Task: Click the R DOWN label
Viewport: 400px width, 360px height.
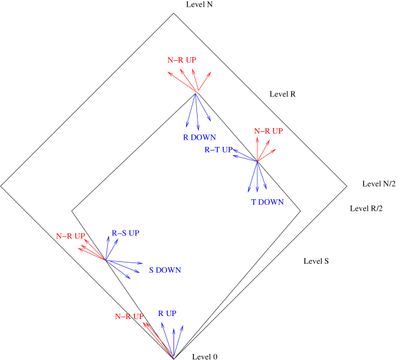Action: tap(199, 137)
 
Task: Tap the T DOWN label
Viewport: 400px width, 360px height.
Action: tap(267, 202)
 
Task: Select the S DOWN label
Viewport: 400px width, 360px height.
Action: tap(165, 270)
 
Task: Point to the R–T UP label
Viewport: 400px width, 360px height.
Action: tap(218, 150)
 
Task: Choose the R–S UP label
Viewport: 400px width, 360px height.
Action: tap(125, 233)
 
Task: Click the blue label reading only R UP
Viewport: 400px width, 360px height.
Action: tap(167, 314)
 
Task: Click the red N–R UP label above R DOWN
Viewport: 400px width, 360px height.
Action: tap(182, 60)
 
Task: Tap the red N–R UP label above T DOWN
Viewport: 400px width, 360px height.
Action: tap(269, 131)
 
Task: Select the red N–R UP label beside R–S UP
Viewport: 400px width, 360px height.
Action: tap(70, 237)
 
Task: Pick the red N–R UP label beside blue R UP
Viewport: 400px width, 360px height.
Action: tap(130, 317)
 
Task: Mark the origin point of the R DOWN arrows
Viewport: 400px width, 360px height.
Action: tap(196, 93)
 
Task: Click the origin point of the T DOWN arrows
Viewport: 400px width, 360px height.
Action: tap(257, 161)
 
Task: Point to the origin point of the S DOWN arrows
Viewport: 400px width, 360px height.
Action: tap(105, 260)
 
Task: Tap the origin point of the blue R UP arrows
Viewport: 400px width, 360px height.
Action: tap(173, 356)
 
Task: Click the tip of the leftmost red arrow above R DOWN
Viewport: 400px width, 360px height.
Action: tap(167, 71)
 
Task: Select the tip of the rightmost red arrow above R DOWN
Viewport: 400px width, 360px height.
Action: tap(211, 71)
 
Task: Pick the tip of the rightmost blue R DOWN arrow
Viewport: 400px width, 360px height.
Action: tap(211, 120)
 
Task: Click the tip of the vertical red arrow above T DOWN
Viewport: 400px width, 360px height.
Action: tap(257, 137)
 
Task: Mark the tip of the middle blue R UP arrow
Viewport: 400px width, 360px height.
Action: tap(173, 328)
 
